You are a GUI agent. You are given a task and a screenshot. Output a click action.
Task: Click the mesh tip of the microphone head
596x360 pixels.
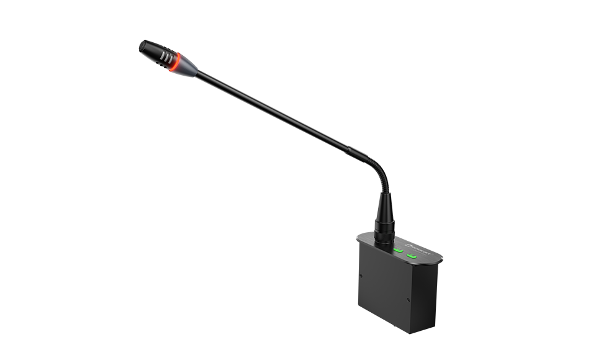point(142,46)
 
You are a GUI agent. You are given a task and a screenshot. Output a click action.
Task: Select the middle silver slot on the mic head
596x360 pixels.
point(167,58)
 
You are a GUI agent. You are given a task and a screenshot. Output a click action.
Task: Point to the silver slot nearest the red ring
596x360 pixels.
point(171,60)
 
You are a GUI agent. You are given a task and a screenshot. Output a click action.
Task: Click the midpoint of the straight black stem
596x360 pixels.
point(279,115)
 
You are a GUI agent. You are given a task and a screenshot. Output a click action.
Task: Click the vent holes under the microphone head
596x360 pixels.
point(161,65)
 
